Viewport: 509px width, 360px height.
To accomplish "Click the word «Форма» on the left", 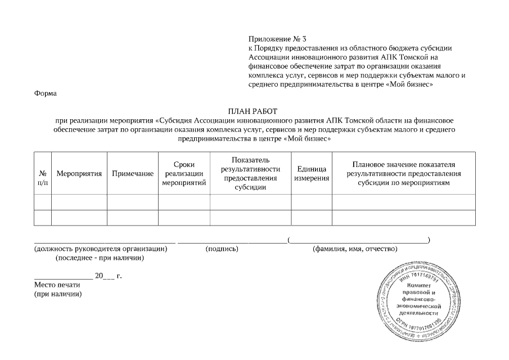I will click(x=46, y=93).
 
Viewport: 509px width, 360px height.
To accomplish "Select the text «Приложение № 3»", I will click(x=277, y=39).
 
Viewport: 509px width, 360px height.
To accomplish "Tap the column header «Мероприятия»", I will click(x=79, y=174).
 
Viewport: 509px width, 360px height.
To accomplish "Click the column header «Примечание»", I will click(x=133, y=174).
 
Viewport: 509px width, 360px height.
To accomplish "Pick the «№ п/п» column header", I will click(x=43, y=178).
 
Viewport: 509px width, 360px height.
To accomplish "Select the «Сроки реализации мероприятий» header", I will click(x=184, y=174).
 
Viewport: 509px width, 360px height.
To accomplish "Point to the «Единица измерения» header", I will click(x=312, y=174).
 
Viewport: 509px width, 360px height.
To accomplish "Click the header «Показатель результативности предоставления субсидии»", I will click(x=250, y=174).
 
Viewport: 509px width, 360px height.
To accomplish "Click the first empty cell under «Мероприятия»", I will click(x=79, y=201).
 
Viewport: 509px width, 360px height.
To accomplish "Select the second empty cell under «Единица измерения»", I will click(x=312, y=217).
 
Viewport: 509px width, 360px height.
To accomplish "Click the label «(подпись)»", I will click(x=222, y=249).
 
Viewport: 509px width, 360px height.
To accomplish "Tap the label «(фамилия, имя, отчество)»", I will click(x=355, y=249).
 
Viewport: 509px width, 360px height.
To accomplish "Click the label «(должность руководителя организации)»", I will click(x=101, y=249).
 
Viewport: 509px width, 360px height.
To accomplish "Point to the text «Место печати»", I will click(x=57, y=285).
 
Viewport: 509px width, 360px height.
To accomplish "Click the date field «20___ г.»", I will click(x=108, y=276).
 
